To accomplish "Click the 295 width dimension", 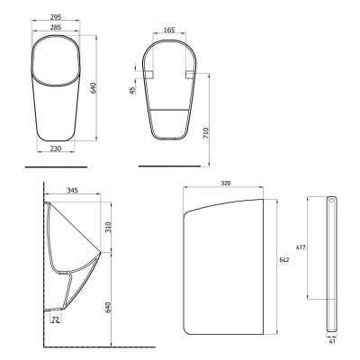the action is click(56, 17).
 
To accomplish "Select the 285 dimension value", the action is click(56, 27).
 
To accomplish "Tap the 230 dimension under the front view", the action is click(56, 148).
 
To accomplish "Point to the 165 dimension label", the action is click(169, 30).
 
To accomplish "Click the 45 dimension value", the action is click(132, 90).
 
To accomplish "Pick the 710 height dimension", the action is click(206, 132).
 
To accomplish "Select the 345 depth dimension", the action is click(72, 190).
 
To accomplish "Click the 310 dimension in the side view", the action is click(108, 227).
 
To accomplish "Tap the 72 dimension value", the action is click(55, 319).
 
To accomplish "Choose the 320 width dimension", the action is click(226, 183).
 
